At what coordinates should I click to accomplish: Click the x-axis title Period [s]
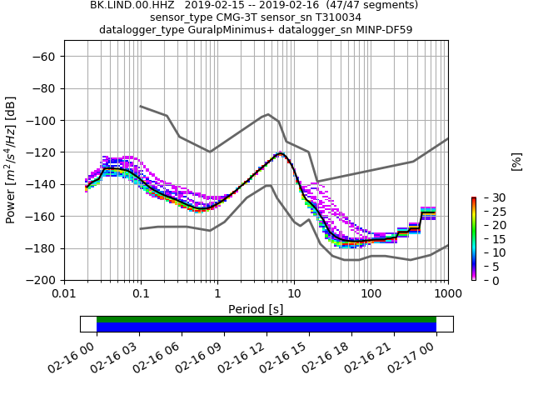[256, 309]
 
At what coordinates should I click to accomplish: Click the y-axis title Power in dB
[12, 160]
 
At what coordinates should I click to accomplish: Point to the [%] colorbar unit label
[516, 161]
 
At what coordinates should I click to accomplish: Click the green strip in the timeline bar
[266, 319]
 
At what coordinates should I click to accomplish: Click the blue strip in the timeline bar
[266, 327]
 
